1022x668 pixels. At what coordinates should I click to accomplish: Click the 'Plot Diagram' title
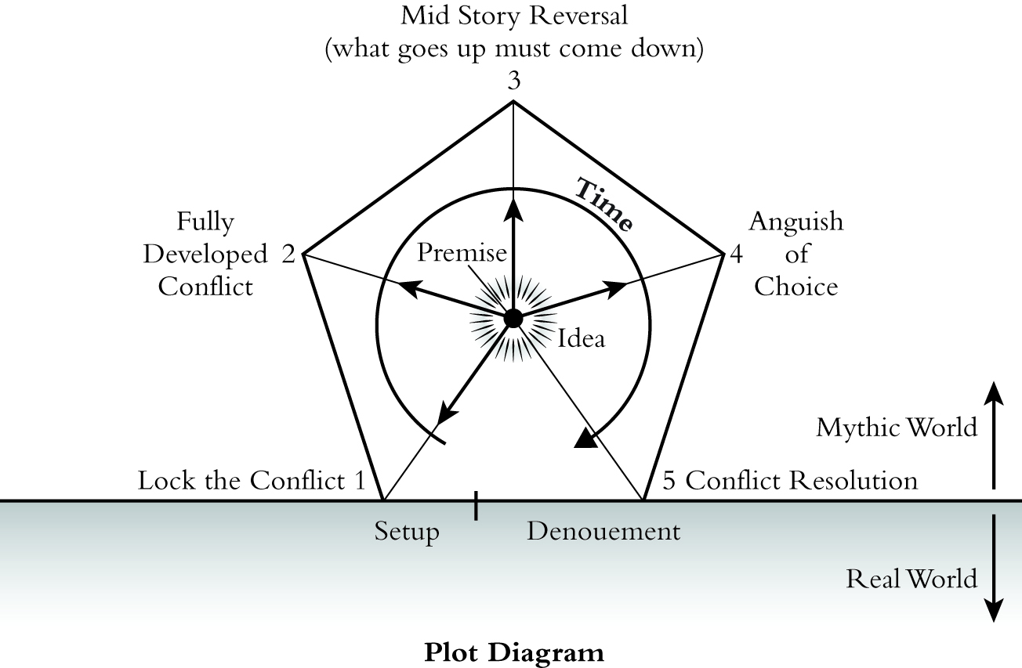[x=514, y=652]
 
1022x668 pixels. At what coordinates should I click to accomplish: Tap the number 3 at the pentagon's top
[x=514, y=82]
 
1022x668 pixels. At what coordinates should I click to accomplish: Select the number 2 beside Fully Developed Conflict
[x=288, y=255]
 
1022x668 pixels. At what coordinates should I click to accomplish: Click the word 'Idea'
[x=581, y=339]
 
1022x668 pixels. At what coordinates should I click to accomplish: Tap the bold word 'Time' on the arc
[x=604, y=204]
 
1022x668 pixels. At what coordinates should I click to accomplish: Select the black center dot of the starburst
[x=513, y=319]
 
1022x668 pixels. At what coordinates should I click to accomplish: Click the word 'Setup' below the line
[x=407, y=532]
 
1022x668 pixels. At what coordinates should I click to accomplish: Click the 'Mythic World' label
[x=897, y=428]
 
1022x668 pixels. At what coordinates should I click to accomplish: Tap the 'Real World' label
[x=911, y=579]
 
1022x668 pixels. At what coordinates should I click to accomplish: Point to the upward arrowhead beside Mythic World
[x=993, y=392]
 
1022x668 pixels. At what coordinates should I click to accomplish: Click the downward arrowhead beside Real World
[x=993, y=612]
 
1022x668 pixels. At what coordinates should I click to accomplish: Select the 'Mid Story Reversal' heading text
[x=514, y=15]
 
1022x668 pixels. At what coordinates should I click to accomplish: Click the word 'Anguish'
[x=795, y=222]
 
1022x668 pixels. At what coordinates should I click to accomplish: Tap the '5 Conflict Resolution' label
[x=789, y=479]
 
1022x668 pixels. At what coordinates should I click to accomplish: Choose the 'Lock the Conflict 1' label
[x=252, y=480]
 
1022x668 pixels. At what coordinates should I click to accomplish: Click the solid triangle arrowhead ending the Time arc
[x=585, y=439]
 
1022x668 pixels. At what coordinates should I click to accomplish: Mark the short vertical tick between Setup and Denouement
[x=476, y=507]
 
